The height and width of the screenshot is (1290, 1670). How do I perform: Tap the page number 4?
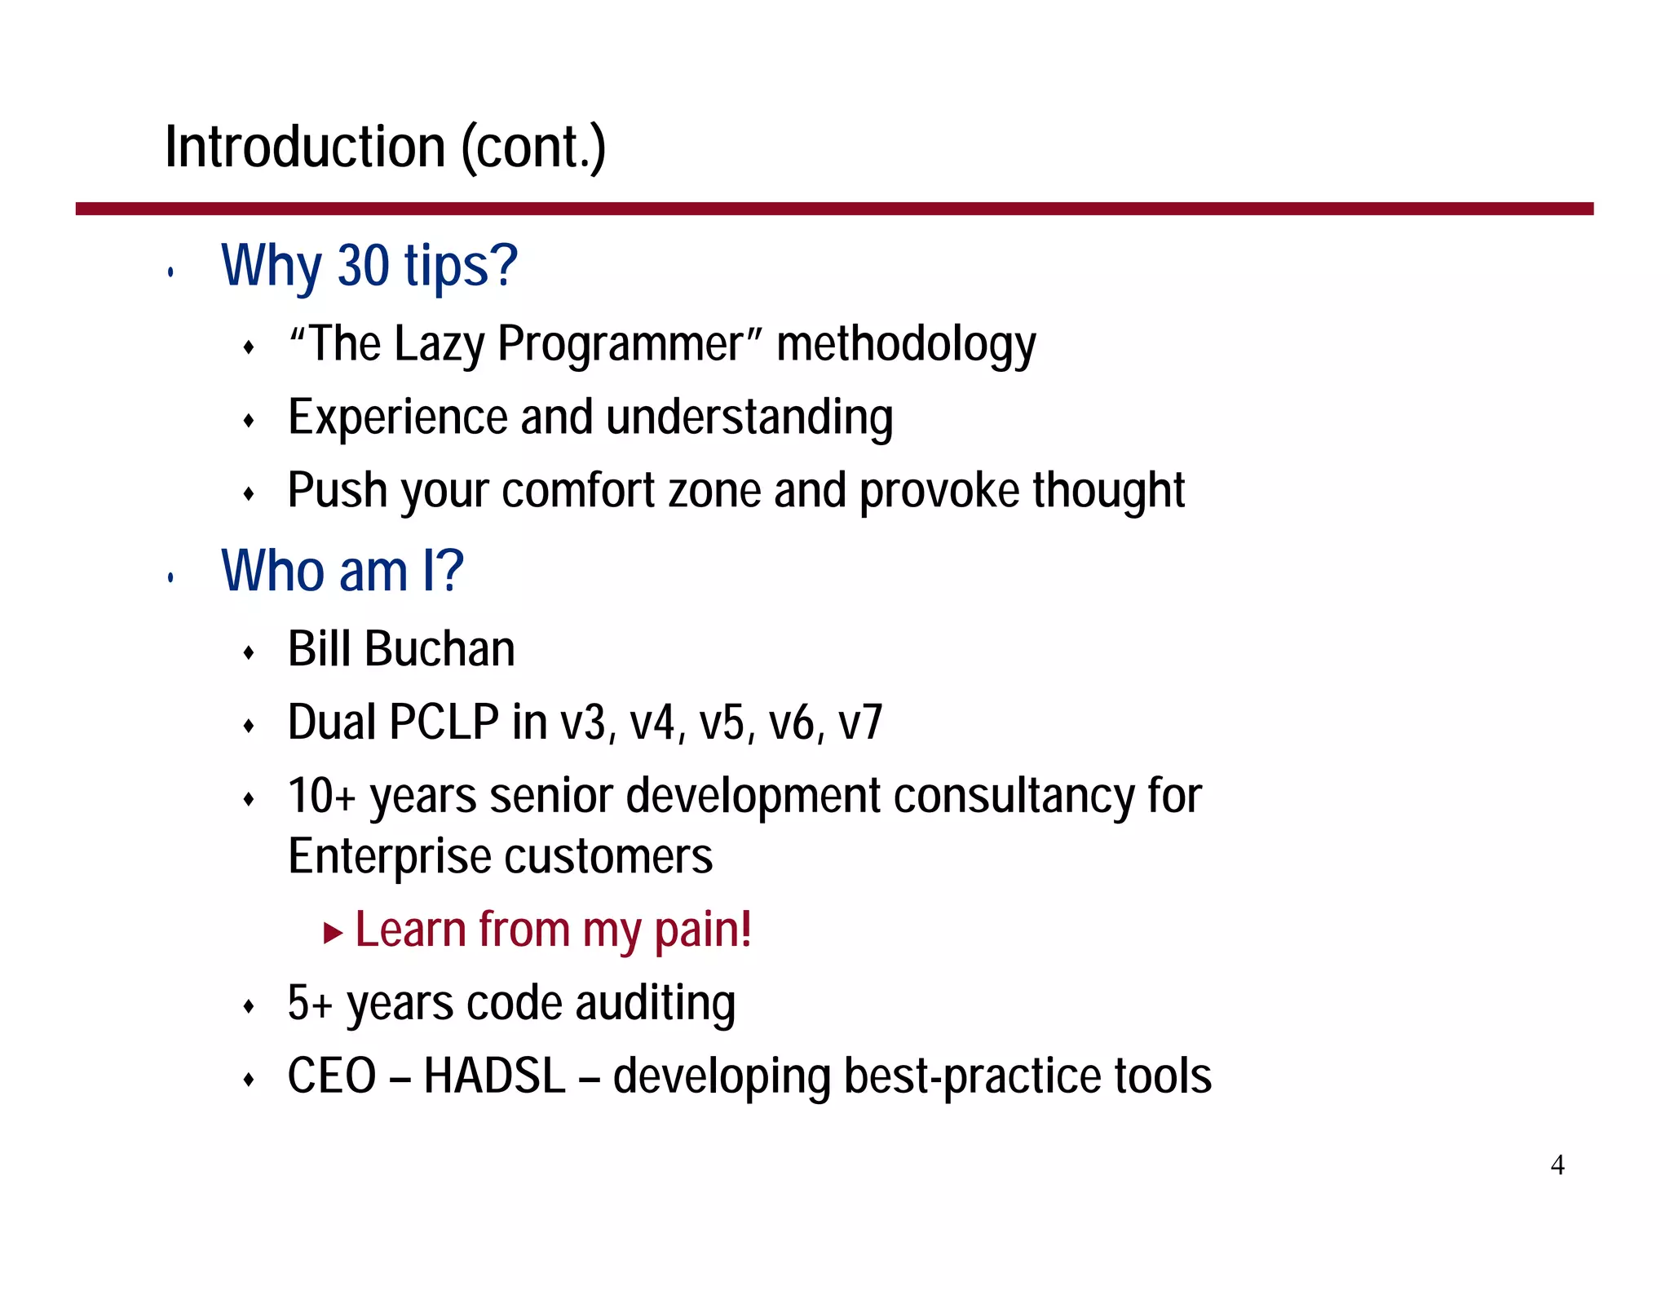click(x=1557, y=1164)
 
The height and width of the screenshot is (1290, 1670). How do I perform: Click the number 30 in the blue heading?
click(x=363, y=266)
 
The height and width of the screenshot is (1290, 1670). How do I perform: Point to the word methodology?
click(x=906, y=345)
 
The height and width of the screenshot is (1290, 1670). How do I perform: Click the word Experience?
click(x=398, y=417)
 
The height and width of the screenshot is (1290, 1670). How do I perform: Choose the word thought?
click(x=1108, y=491)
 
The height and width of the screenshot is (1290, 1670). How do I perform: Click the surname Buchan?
click(x=440, y=649)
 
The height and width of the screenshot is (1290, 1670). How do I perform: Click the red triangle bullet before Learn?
click(x=332, y=932)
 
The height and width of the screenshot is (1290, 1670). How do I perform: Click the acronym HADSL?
click(x=494, y=1076)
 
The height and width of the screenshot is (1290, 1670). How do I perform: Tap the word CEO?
click(x=332, y=1076)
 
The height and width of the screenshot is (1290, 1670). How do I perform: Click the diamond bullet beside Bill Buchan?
click(x=250, y=652)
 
